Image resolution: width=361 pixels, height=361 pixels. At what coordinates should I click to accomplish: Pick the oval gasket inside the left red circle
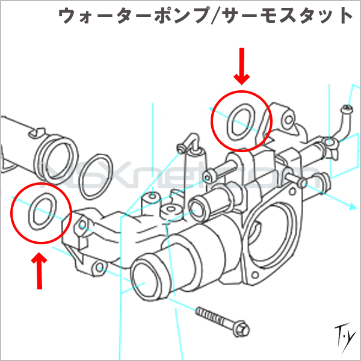(x=41, y=212)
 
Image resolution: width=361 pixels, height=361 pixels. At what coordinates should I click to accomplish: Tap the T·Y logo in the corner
(x=343, y=335)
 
